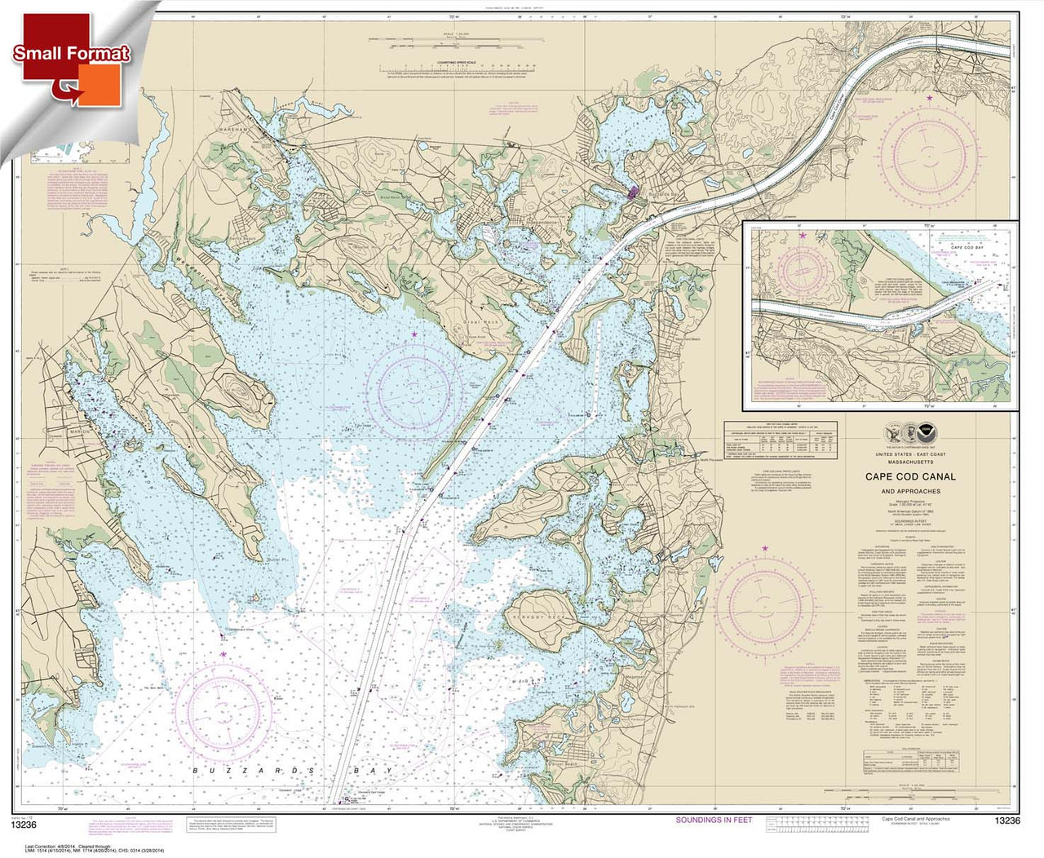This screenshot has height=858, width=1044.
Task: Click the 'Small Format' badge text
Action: pos(71,53)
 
